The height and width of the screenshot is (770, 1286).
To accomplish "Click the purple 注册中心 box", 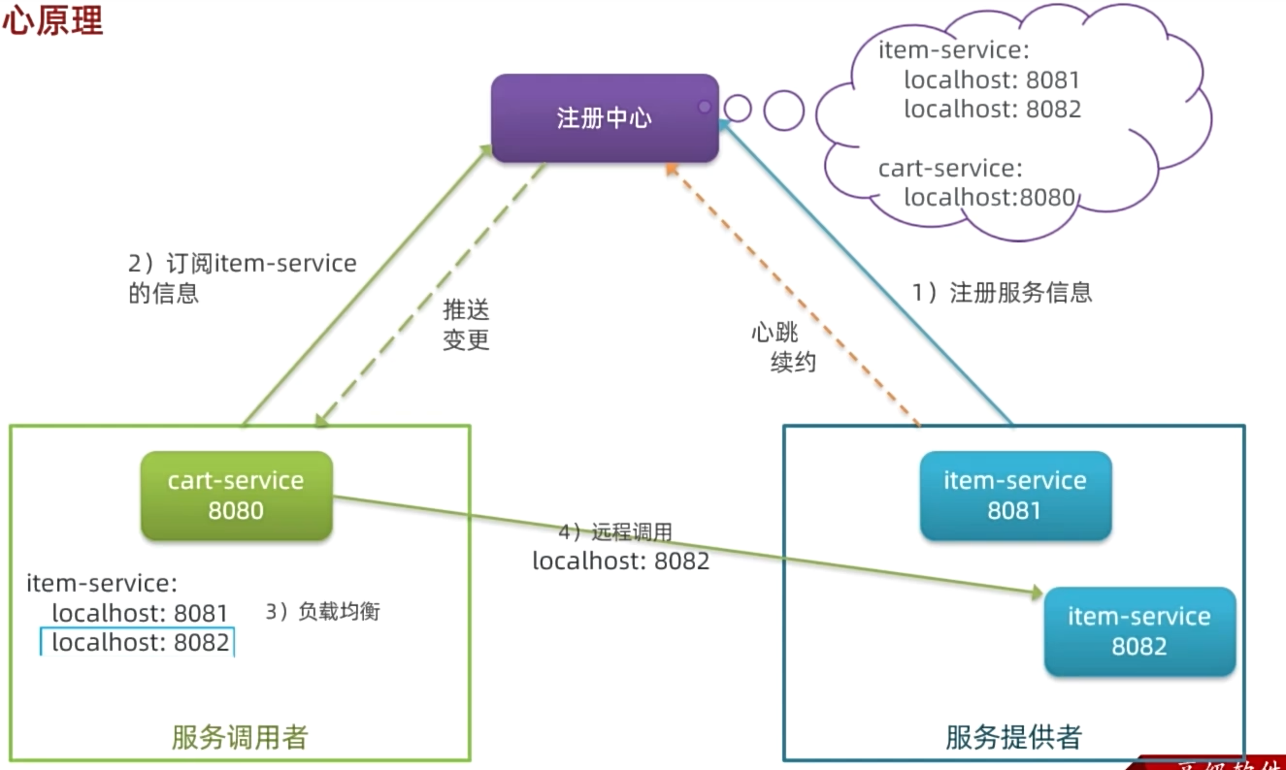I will click(x=604, y=118).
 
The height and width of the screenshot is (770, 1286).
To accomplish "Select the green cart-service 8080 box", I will click(x=236, y=496).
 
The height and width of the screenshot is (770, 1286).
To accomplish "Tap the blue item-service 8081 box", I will click(x=1014, y=496).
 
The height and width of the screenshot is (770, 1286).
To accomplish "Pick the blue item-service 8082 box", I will click(x=1138, y=631).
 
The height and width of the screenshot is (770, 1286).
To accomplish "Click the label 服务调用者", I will click(x=239, y=738).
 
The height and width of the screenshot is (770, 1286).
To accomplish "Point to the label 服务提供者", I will click(x=1013, y=738).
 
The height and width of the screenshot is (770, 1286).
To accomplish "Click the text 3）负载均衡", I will click(x=322, y=612).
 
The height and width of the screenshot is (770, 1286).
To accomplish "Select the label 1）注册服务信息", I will click(x=1002, y=293).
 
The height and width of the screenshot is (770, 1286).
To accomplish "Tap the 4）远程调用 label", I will click(x=615, y=532).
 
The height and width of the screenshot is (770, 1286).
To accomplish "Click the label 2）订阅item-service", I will click(x=243, y=263).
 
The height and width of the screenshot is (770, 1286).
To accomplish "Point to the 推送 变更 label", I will click(x=466, y=325).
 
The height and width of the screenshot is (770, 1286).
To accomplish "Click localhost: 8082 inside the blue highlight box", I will click(x=140, y=642).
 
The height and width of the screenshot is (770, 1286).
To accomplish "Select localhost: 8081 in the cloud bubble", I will click(x=992, y=80).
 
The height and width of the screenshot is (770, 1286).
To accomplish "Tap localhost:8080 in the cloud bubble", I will click(x=990, y=198).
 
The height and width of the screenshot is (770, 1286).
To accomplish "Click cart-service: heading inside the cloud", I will click(x=950, y=169).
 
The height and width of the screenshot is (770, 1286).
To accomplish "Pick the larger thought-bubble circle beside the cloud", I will click(x=783, y=111).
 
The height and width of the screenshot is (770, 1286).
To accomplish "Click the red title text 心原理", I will click(x=52, y=21).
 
